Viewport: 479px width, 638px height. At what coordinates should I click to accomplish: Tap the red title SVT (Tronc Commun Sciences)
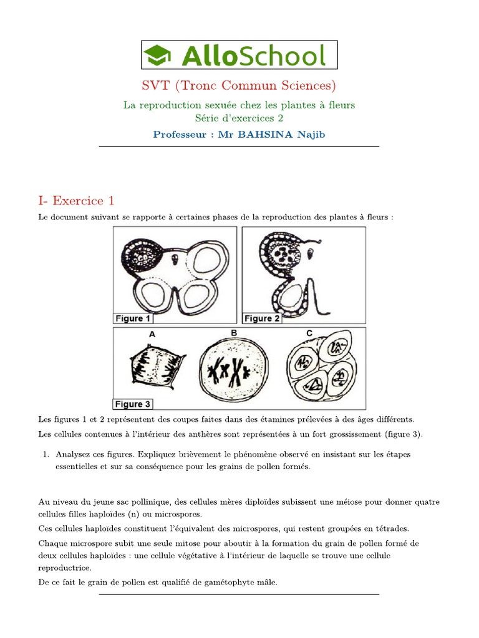point(239,85)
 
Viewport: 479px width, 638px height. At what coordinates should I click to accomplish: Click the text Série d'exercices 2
point(239,117)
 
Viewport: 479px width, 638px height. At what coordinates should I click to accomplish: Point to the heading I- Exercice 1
point(76,201)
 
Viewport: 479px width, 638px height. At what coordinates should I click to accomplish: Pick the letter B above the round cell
point(234,333)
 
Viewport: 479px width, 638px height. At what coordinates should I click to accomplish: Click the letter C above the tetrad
point(309,333)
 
